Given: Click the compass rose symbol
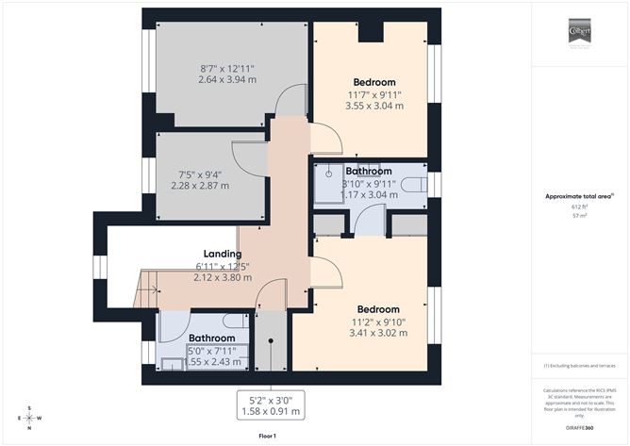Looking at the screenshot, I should click(x=30, y=418).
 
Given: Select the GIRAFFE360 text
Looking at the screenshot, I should click(x=578, y=427).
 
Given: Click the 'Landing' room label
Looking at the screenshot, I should click(x=223, y=254).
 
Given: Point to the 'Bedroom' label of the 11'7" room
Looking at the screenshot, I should click(x=373, y=82).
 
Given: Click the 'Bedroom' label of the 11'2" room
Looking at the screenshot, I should click(x=377, y=309).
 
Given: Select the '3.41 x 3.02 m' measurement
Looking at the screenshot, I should click(x=377, y=332).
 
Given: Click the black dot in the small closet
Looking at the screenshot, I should click(x=270, y=344).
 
